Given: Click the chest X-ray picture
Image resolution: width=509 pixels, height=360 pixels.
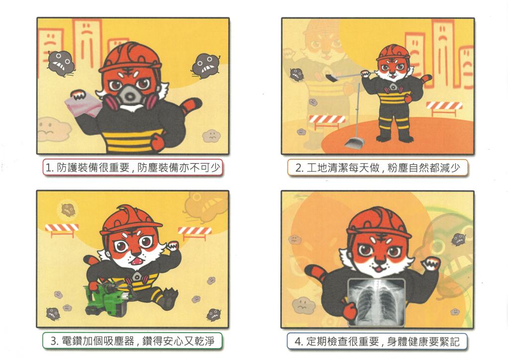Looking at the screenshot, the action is [x=377, y=301].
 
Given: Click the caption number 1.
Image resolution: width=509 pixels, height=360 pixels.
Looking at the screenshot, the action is [x=49, y=168].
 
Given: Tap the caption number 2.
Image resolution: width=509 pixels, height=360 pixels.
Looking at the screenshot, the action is [x=299, y=168].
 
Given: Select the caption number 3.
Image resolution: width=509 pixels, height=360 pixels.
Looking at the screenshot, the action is [x=54, y=341].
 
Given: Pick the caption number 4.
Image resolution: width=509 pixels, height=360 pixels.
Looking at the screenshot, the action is [x=298, y=342].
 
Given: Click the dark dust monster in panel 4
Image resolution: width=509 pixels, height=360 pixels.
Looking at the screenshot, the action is [x=459, y=240].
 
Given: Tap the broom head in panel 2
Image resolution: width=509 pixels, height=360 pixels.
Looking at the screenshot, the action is [x=333, y=78].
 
